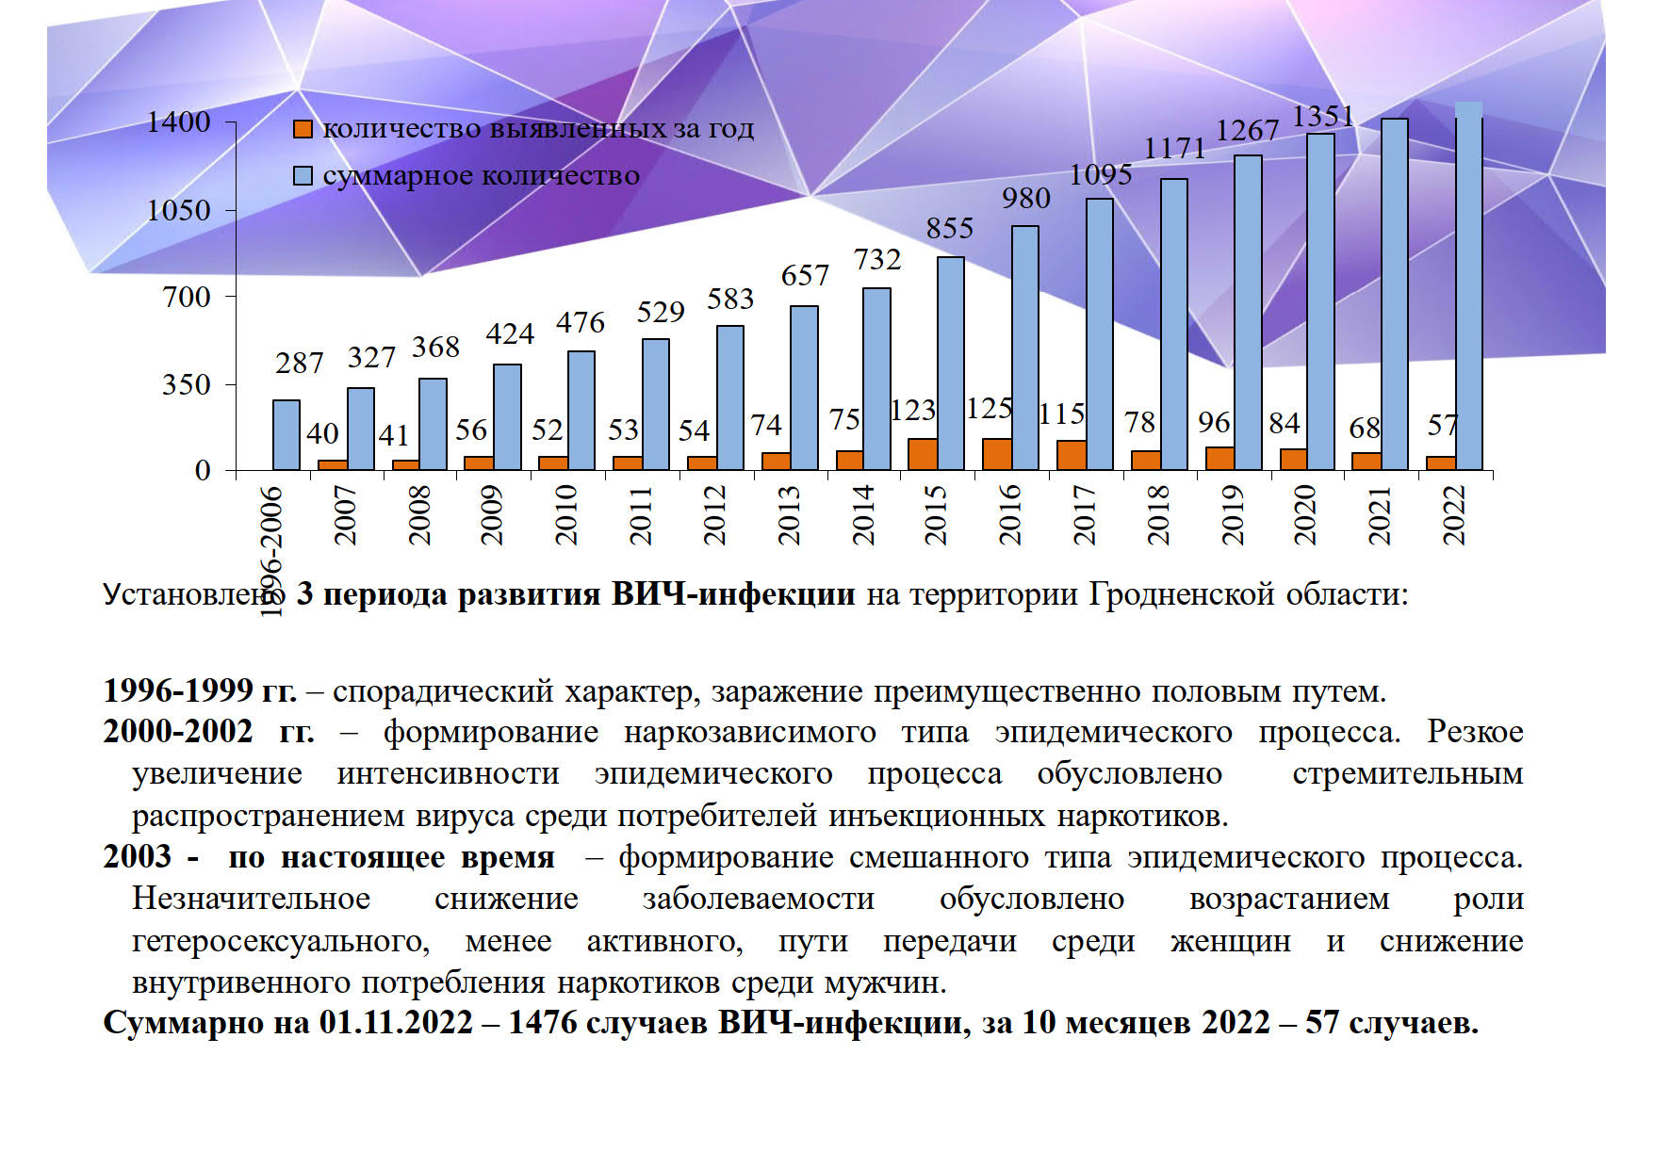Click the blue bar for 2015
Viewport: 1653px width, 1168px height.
tap(950, 364)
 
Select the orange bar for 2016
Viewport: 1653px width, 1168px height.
tap(996, 454)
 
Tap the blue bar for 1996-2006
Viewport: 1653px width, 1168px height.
tap(286, 435)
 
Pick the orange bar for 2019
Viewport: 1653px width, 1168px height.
tap(1219, 458)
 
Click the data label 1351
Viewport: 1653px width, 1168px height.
tap(1322, 116)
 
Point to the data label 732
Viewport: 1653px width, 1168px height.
tap(877, 259)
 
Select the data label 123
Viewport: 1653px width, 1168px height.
tap(913, 410)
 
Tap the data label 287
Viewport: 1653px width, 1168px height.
tap(299, 363)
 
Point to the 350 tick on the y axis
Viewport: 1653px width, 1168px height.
tap(186, 383)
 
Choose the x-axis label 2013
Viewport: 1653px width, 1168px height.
tap(789, 515)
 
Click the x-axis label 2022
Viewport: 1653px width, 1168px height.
tap(1454, 515)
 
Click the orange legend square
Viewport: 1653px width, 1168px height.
tap(303, 130)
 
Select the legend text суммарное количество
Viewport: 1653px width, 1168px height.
tap(481, 176)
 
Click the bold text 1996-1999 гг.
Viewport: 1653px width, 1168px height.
tap(200, 691)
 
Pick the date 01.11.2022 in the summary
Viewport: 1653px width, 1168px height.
tap(396, 1022)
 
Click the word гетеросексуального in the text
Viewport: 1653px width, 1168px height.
tap(281, 941)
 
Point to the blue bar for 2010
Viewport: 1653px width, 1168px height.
tap(581, 411)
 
